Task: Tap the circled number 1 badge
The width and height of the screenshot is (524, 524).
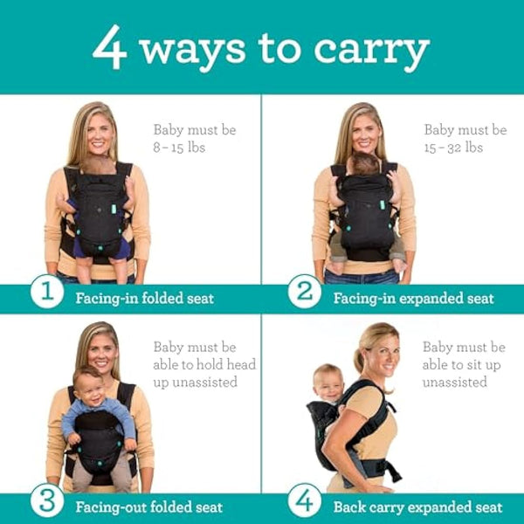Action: (x=46, y=293)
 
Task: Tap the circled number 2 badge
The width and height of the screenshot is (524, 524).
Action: (x=304, y=293)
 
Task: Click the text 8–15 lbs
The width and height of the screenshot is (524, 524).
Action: (x=179, y=148)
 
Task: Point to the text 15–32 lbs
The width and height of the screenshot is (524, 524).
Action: (x=453, y=148)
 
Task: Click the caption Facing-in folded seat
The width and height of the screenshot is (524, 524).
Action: (x=144, y=298)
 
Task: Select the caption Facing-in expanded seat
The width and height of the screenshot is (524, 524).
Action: (x=413, y=298)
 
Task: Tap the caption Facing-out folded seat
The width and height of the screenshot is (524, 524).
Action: (x=148, y=507)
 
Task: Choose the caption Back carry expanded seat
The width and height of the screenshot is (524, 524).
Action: (x=417, y=507)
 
